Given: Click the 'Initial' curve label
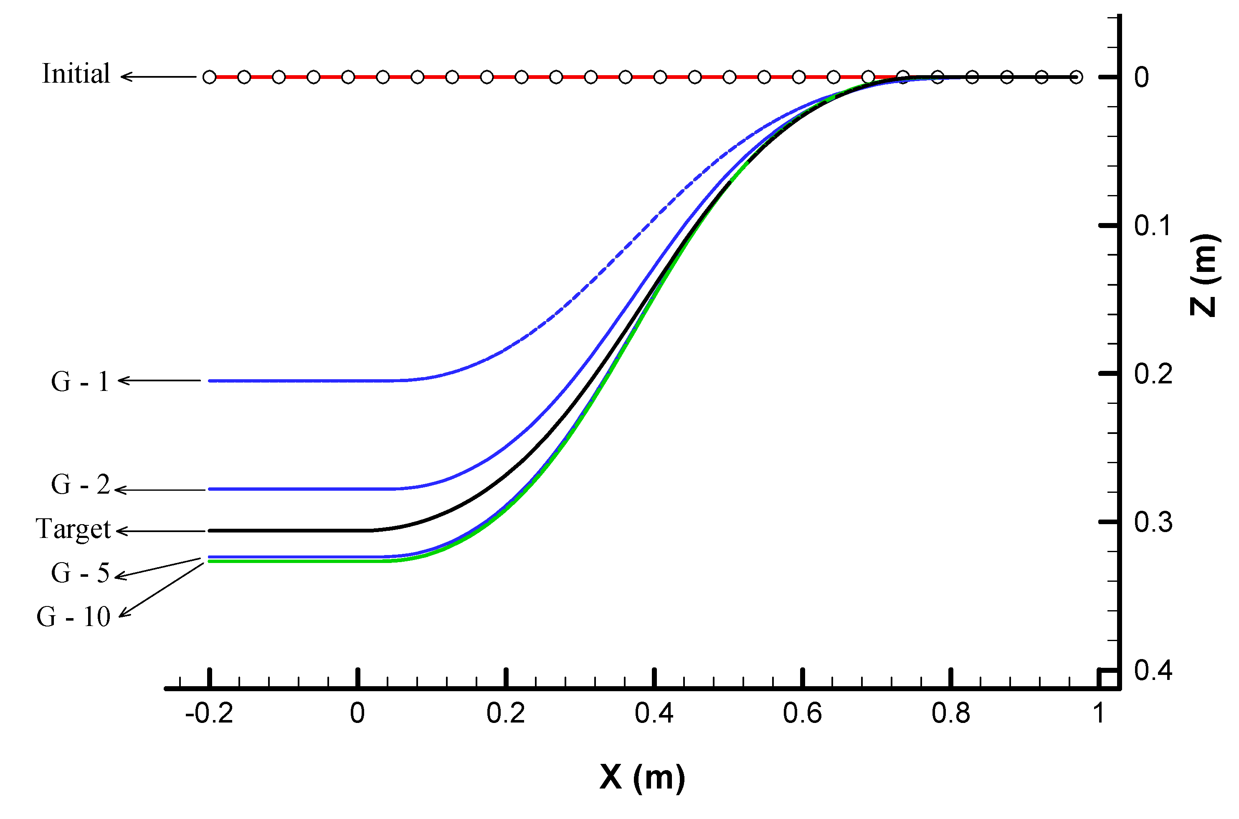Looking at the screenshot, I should (x=76, y=74).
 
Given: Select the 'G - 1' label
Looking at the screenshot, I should (x=80, y=382).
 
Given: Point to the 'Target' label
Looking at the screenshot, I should (x=73, y=530).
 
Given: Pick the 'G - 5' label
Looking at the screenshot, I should (x=80, y=573).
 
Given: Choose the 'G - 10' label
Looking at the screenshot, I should (x=73, y=617).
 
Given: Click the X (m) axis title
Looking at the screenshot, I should (x=642, y=777).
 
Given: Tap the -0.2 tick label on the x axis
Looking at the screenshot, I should (x=209, y=713).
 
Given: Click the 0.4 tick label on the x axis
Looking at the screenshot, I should (x=654, y=713).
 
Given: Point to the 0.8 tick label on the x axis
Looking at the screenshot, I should (x=950, y=713).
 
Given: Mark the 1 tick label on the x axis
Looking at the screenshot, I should (x=1099, y=713).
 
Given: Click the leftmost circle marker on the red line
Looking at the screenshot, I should (x=209, y=77).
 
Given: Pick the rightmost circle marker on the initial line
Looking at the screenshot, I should (x=1076, y=77).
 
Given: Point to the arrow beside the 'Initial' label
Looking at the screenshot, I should (x=158, y=77).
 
